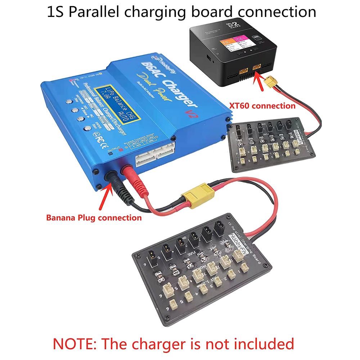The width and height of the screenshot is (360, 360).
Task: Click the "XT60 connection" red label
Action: [262, 106]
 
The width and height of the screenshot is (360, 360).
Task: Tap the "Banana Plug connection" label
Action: [94, 218]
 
